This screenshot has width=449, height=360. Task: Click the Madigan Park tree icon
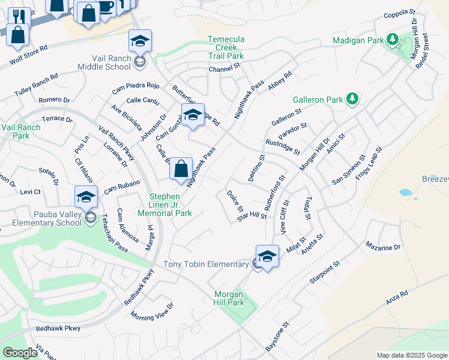[393, 40]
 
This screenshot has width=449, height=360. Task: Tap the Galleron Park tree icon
[353, 98]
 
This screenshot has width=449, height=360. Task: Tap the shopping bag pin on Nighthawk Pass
[181, 169]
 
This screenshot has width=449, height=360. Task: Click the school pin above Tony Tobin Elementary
[267, 256]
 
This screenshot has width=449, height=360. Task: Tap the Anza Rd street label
[397, 298]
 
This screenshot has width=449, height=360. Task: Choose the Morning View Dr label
[152, 312]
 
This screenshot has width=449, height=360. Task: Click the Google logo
[20, 353]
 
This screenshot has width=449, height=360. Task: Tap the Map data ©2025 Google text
[411, 355]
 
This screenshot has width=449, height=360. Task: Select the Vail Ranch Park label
[21, 131]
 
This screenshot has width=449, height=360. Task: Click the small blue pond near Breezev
[406, 193]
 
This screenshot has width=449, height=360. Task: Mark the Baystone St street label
[277, 336]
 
